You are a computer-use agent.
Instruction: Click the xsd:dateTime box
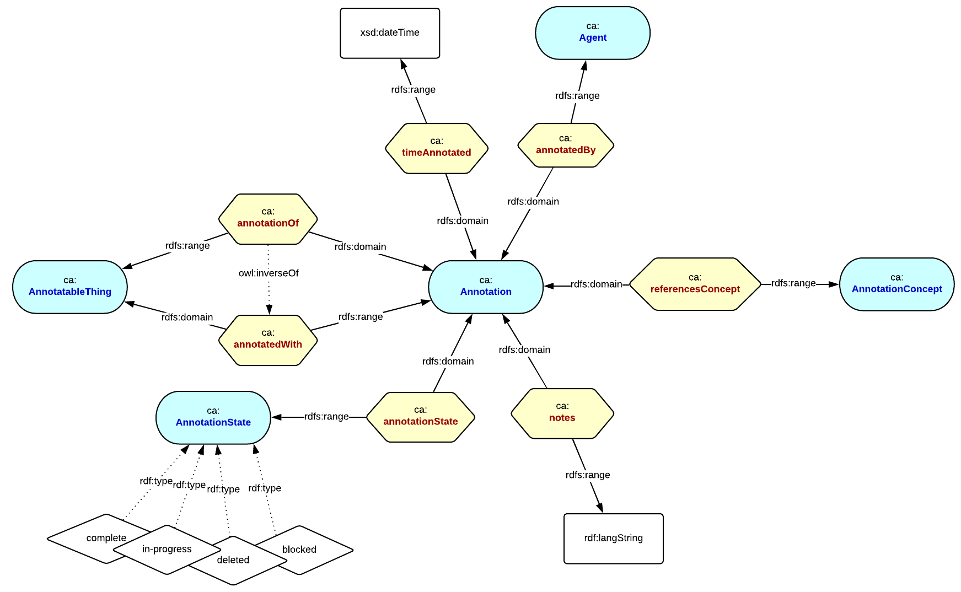tap(389, 33)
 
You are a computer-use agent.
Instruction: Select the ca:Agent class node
tap(592, 33)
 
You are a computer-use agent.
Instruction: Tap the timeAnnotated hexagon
tap(436, 148)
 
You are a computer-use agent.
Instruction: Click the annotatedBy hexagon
tap(565, 145)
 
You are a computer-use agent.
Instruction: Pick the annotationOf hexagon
tap(268, 218)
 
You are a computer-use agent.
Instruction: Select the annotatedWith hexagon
tap(268, 340)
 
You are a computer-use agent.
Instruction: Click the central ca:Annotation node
tap(485, 287)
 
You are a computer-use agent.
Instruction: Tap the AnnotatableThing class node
tap(70, 287)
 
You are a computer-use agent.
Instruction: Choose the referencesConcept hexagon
tap(695, 284)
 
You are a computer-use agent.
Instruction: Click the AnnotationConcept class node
tap(896, 284)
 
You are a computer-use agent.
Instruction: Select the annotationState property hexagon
tap(420, 417)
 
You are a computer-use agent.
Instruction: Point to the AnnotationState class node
tap(213, 417)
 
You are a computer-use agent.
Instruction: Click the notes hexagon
tap(562, 413)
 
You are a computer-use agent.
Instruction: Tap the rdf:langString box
tap(613, 538)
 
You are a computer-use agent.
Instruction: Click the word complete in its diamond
tap(106, 538)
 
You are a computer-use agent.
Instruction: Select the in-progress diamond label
tap(167, 549)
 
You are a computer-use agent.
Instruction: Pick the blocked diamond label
tap(299, 550)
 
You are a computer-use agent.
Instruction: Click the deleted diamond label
tap(233, 560)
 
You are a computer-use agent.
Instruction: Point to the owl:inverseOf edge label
tap(269, 273)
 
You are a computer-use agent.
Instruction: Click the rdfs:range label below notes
tap(587, 475)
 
